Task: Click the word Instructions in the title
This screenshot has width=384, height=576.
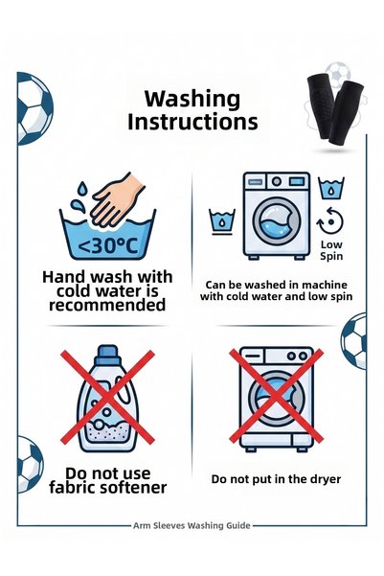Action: (192, 123)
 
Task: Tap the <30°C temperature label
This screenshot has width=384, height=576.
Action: (108, 246)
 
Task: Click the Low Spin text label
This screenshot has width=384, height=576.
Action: (331, 250)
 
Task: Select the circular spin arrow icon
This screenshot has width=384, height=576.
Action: (330, 221)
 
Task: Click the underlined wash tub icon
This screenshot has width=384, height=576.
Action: (222, 221)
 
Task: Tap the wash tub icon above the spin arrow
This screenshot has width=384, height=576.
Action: (331, 188)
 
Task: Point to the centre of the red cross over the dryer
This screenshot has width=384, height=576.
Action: (276, 396)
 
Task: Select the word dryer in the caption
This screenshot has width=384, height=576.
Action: (326, 479)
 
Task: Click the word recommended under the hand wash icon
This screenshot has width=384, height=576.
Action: (107, 305)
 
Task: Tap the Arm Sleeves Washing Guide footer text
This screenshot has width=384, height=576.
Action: (192, 525)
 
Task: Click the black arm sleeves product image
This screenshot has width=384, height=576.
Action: (335, 109)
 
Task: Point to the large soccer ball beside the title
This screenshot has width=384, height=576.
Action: (34, 108)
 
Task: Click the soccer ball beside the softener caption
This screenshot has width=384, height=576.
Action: (30, 464)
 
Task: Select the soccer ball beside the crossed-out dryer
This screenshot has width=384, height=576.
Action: (354, 340)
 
